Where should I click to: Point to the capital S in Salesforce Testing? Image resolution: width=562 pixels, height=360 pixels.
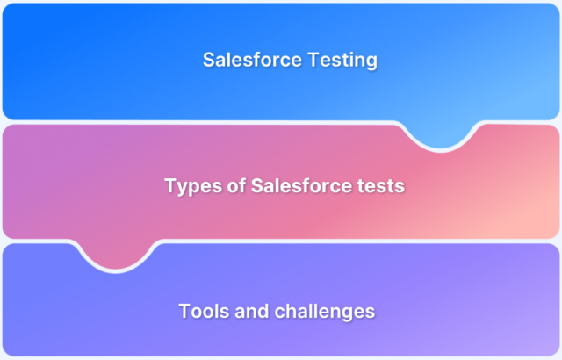tap(209, 61)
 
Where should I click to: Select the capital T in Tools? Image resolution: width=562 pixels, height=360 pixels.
tap(184, 311)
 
